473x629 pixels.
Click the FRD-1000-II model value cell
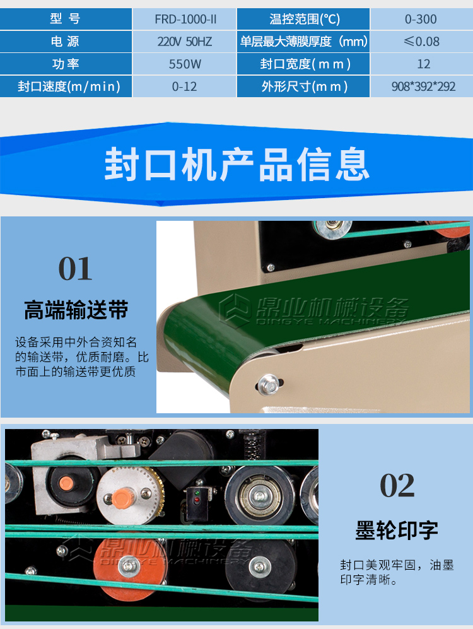click(184, 19)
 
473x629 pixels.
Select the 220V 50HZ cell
click(184, 41)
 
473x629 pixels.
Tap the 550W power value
click(184, 64)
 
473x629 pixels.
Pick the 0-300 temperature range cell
click(421, 19)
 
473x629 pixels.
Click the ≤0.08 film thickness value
click(421, 41)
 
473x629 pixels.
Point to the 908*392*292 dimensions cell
click(421, 86)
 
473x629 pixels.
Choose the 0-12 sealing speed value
click(184, 86)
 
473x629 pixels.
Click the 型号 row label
click(66, 19)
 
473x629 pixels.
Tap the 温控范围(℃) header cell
click(303, 19)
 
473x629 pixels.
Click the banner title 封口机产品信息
click(237, 164)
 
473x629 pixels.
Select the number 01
click(75, 269)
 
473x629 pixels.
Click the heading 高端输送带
click(76, 310)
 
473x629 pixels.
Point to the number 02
click(397, 485)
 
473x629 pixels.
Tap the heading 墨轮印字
click(397, 531)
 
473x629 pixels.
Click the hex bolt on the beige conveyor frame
click(269, 385)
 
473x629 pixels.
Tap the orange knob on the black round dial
click(66, 483)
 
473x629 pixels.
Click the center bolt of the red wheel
click(129, 566)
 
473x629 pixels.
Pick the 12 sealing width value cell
click(421, 64)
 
